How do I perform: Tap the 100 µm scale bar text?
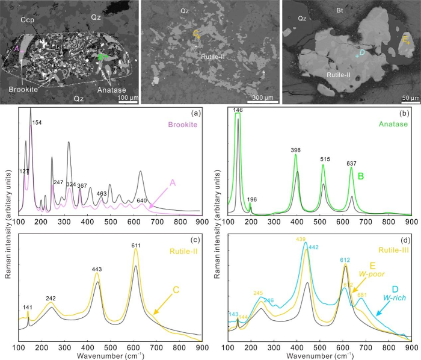click(x=126, y=98)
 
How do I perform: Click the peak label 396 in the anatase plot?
click(x=295, y=149)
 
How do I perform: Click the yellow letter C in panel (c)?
click(x=176, y=290)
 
